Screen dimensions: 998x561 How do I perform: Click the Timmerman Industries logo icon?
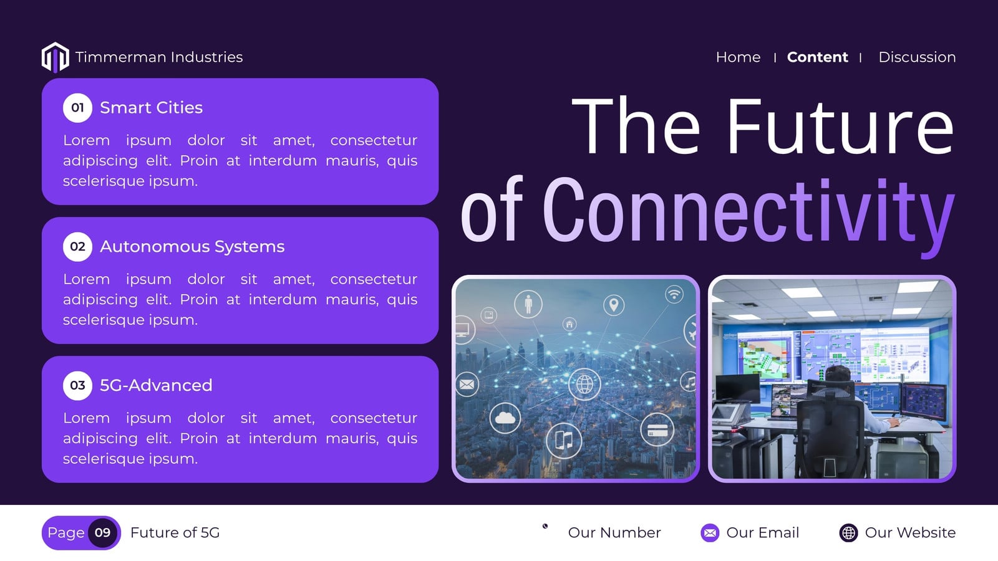[x=56, y=57]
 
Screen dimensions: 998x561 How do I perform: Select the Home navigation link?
[x=738, y=57]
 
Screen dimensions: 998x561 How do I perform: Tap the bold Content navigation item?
[x=817, y=57]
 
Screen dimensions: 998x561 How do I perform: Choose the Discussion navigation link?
[x=917, y=57]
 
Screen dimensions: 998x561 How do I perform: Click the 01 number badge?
[x=77, y=108]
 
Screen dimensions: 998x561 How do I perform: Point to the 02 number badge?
[x=77, y=247]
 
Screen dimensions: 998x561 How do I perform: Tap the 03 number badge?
[x=77, y=386]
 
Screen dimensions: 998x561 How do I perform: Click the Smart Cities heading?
[x=151, y=108]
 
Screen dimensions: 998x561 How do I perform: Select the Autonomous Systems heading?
[x=192, y=247]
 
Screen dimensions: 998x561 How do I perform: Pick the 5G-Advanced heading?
[x=156, y=386]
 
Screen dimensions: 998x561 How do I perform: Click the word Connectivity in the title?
[x=748, y=214]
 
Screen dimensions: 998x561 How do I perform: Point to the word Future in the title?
[x=840, y=125]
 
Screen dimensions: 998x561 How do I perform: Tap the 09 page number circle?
[x=102, y=532]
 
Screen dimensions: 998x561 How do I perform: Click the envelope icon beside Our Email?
[x=710, y=532]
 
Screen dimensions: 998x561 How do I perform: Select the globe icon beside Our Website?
[x=848, y=532]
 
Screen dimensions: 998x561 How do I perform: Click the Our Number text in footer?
[x=614, y=532]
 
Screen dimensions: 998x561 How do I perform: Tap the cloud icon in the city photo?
[x=505, y=418]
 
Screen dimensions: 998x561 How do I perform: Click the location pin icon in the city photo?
[x=614, y=305]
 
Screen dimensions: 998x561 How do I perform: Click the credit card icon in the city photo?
[x=657, y=429]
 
